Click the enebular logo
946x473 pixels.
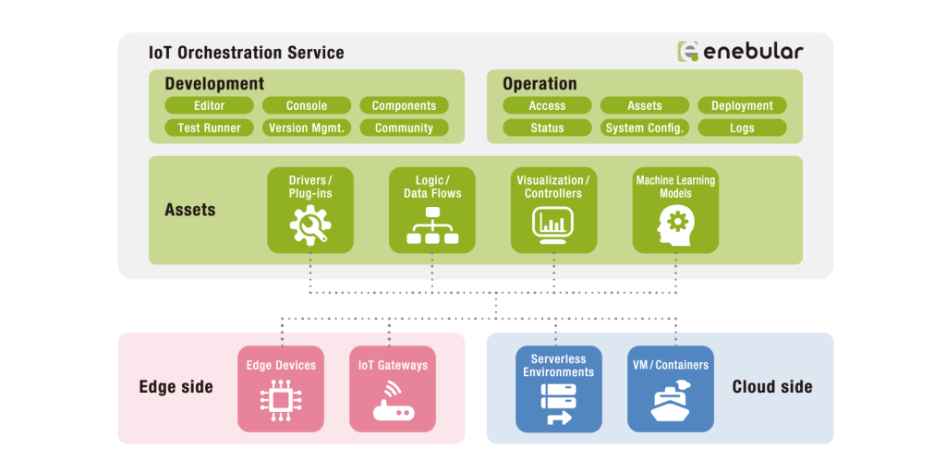[x=740, y=52]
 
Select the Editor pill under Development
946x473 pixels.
[x=210, y=105]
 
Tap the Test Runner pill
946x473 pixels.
[x=210, y=127]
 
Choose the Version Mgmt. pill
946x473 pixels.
[x=307, y=127]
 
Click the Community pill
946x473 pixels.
[x=405, y=127]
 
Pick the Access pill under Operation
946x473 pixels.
[x=547, y=105]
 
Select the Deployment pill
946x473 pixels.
[x=742, y=105]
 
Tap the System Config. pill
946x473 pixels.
[x=645, y=127]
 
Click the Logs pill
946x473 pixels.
[x=742, y=127]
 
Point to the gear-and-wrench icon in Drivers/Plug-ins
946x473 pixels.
[x=310, y=225]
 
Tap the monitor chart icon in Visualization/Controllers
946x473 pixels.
[x=553, y=225]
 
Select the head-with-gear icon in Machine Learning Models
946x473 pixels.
[x=674, y=224]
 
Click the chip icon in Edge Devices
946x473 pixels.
[x=281, y=399]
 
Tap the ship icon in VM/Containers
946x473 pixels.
[x=671, y=400]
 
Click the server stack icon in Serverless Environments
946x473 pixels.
[x=559, y=404]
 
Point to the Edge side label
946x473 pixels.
[x=176, y=387]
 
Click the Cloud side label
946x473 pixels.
[x=772, y=387]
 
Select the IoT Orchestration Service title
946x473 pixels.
[x=246, y=53]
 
